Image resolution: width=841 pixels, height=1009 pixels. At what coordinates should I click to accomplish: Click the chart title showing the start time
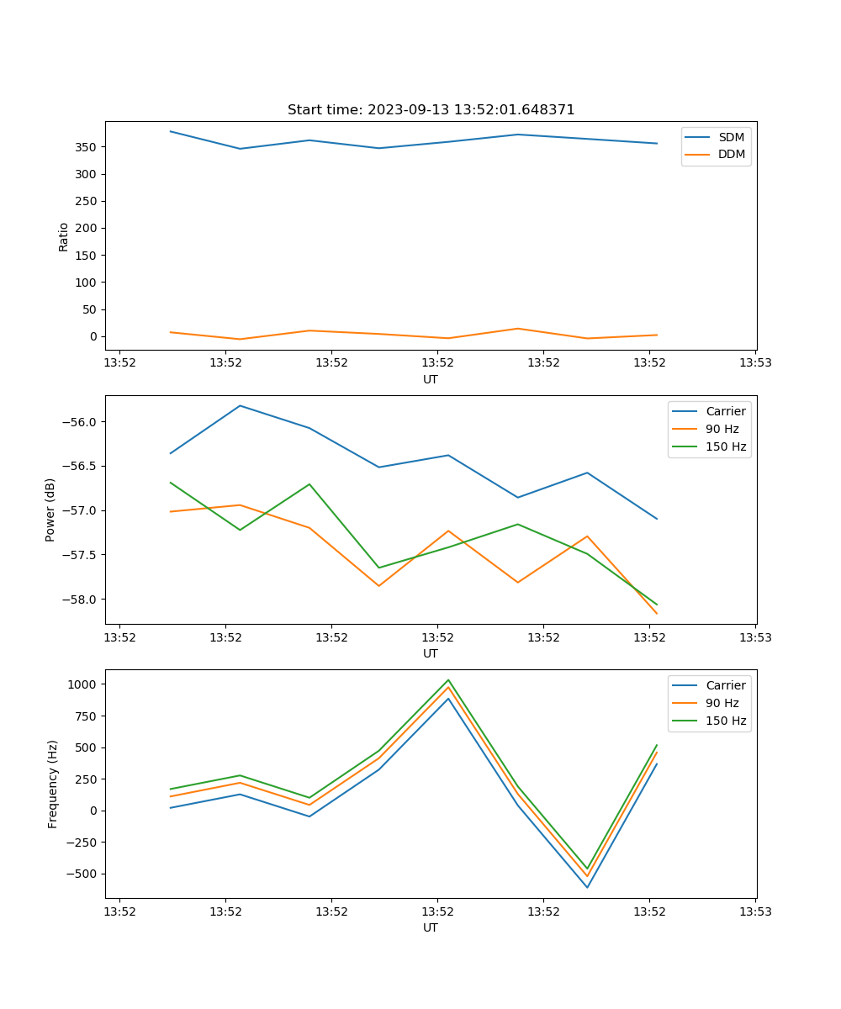tap(431, 110)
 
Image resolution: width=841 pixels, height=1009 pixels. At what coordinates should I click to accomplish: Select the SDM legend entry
tap(731, 137)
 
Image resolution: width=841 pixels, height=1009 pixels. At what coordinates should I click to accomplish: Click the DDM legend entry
tap(731, 155)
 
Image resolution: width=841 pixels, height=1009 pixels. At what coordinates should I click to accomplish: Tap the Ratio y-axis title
tap(63, 236)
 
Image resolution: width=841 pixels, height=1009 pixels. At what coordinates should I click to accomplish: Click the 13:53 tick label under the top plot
tap(754, 363)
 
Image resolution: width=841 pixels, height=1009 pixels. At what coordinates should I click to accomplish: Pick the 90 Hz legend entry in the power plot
tap(722, 429)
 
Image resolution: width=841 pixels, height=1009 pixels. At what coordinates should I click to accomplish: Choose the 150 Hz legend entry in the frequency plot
tap(726, 721)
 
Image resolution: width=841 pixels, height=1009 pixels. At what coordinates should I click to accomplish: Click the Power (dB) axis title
tap(50, 510)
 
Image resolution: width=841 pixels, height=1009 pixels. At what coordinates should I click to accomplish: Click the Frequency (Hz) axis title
tap(52, 784)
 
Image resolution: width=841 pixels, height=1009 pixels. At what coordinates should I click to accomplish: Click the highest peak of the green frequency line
tap(448, 680)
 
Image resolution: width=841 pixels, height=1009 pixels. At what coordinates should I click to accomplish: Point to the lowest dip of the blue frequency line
tap(587, 887)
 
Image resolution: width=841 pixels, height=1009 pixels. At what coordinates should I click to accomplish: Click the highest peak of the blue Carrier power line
tap(241, 406)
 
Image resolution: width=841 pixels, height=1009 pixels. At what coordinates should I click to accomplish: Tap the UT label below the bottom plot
tap(431, 927)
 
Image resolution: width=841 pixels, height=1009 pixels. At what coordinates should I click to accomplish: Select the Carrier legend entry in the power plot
tap(725, 411)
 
